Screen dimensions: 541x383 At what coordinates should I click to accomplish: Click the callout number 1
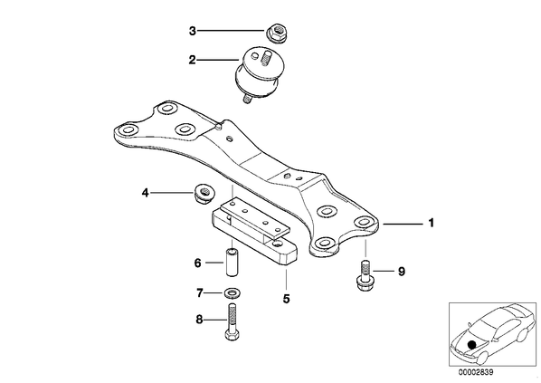pos(431,223)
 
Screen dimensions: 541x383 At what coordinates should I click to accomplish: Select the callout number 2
pos(192,60)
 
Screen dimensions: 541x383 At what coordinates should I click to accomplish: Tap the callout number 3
pos(192,31)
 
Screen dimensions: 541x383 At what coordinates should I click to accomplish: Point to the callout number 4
pos(146,193)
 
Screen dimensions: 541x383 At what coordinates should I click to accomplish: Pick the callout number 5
pos(287,299)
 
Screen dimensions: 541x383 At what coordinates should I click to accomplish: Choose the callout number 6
pos(198,263)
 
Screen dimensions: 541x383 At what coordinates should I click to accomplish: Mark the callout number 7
pos(199,293)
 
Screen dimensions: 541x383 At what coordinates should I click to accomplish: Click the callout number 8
pos(199,320)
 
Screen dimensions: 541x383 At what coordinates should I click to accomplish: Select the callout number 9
pos(402,272)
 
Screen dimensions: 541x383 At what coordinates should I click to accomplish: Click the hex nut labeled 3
pos(276,33)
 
